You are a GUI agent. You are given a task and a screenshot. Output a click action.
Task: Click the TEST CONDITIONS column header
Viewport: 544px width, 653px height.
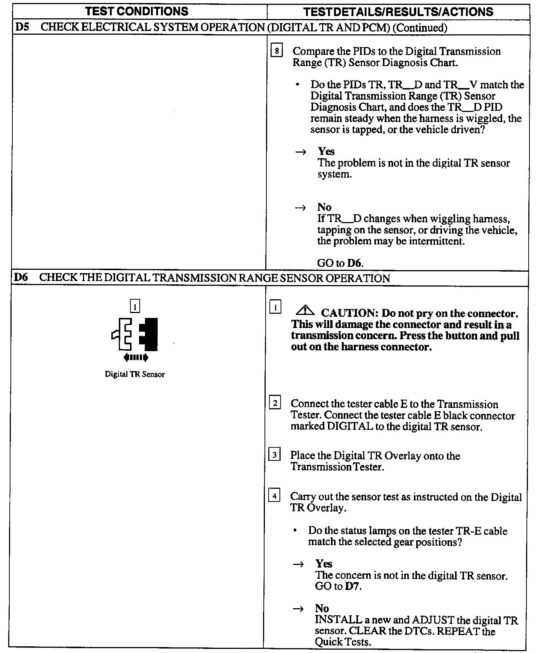tap(137, 11)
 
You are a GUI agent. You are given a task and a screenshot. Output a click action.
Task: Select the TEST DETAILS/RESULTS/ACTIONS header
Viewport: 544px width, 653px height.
tap(398, 12)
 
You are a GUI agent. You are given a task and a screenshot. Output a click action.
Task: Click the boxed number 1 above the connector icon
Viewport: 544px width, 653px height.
tap(135, 307)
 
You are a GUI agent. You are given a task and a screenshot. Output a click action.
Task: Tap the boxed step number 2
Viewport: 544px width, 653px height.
tap(275, 403)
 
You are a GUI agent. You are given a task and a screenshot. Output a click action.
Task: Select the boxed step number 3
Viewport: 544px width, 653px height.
tap(275, 455)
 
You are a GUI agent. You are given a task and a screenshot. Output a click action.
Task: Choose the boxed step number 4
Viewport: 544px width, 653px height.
tap(275, 496)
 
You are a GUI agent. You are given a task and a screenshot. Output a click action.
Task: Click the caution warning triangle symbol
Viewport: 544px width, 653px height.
tap(305, 310)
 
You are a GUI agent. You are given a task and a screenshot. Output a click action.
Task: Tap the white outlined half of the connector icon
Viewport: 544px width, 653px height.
tap(123, 334)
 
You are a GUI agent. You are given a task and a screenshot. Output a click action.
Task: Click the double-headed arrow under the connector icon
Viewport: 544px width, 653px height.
tap(136, 357)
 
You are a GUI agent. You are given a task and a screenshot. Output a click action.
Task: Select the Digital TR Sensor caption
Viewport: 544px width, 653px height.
tap(135, 374)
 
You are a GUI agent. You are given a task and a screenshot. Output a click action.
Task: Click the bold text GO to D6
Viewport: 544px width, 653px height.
tap(340, 263)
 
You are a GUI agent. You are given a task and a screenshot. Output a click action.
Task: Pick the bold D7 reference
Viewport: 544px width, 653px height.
tap(353, 586)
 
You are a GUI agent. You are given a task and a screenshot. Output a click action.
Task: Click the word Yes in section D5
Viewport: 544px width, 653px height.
tap(326, 151)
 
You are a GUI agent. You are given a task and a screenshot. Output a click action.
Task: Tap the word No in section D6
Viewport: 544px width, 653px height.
tap(322, 609)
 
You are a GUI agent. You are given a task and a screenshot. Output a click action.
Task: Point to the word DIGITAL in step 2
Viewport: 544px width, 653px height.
tap(350, 427)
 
